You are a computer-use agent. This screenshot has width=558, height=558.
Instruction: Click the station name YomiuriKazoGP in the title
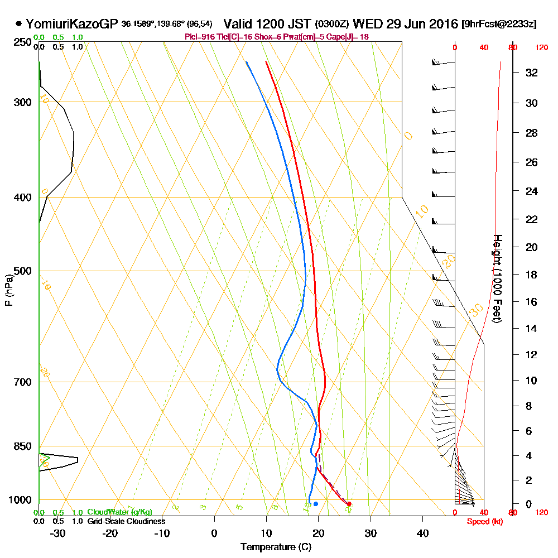click(72, 24)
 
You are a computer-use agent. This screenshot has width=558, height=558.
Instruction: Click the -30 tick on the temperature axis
click(58, 533)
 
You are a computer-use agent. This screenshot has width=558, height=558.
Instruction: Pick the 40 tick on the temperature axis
click(422, 533)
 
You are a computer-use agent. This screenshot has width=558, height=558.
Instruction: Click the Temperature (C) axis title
click(276, 547)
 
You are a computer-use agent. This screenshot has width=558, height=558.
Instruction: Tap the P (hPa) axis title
click(8, 290)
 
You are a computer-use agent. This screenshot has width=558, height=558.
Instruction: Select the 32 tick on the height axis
click(531, 73)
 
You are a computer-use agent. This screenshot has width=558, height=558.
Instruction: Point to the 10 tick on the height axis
click(531, 381)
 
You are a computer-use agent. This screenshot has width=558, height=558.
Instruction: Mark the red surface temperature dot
click(349, 504)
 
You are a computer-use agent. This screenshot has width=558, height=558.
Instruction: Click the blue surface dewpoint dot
click(316, 504)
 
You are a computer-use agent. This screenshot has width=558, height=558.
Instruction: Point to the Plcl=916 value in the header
click(200, 37)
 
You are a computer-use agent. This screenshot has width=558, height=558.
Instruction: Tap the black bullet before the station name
click(19, 24)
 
